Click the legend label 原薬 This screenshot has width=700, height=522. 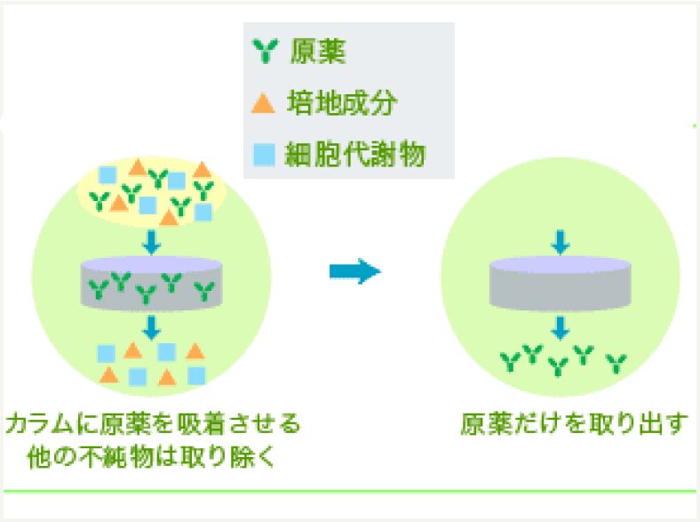(x=318, y=52)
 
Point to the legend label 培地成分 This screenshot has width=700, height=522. (x=343, y=103)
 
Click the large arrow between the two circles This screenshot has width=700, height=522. (x=354, y=271)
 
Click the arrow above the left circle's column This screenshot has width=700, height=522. (x=150, y=240)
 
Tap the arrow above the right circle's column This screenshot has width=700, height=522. (x=559, y=240)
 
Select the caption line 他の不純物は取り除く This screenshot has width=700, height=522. (x=152, y=458)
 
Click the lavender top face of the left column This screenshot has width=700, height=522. (x=150, y=265)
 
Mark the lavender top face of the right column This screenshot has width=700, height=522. (x=559, y=265)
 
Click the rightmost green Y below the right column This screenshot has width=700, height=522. (x=616, y=363)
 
